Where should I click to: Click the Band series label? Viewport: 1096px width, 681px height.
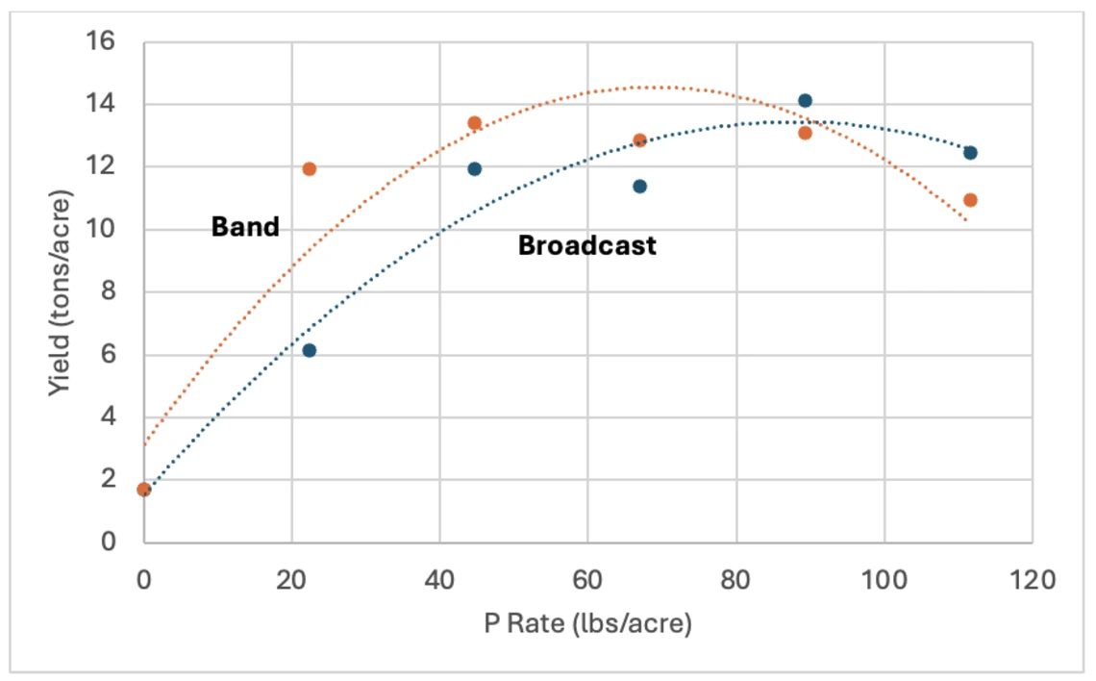point(245,227)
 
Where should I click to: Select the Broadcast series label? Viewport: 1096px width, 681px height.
point(586,245)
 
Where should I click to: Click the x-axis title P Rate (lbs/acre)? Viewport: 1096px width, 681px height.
point(588,624)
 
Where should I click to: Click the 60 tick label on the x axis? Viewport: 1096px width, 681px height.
point(587,580)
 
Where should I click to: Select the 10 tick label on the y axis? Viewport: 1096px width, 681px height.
point(101,229)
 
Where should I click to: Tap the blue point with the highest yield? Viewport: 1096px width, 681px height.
point(805,101)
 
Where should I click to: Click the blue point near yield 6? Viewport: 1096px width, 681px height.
point(309,350)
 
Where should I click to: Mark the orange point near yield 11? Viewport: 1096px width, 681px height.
point(970,200)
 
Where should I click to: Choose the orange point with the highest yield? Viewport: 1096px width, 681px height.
point(474,123)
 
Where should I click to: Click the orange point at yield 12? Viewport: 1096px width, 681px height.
point(309,169)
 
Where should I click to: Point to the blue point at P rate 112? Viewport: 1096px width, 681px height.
point(970,153)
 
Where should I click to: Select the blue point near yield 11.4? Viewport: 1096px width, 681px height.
point(639,186)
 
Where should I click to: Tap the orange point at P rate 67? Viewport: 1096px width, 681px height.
point(639,140)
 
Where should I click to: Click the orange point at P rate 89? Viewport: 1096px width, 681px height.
point(805,133)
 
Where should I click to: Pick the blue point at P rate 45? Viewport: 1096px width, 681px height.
point(474,169)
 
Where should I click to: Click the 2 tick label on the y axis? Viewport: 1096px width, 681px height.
point(107,479)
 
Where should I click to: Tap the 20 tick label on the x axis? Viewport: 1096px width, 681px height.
point(291,580)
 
